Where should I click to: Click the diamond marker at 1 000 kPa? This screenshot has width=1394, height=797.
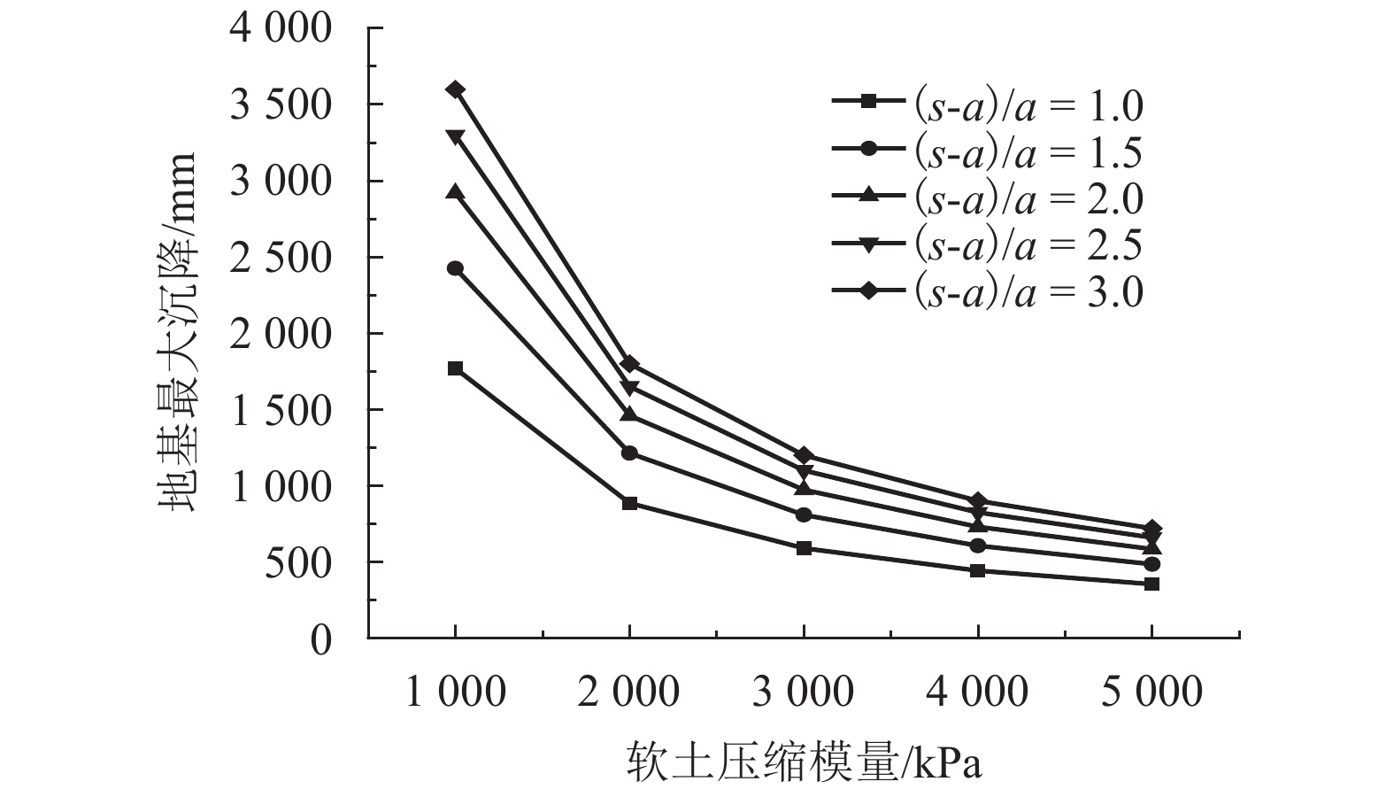pyautogui.click(x=455, y=89)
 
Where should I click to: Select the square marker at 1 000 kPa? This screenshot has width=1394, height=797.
pyautogui.click(x=455, y=368)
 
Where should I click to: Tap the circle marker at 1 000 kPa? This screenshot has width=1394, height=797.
pyautogui.click(x=455, y=268)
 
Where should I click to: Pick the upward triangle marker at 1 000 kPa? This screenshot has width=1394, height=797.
pyautogui.click(x=455, y=192)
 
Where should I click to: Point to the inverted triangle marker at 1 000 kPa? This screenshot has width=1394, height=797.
pyautogui.click(x=455, y=136)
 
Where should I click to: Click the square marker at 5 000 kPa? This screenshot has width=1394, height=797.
pyautogui.click(x=1151, y=584)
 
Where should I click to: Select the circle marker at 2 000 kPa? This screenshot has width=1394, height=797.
pyautogui.click(x=629, y=453)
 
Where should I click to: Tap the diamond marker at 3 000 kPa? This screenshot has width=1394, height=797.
pyautogui.click(x=804, y=455)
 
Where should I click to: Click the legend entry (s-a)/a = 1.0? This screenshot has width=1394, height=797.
pyautogui.click(x=988, y=104)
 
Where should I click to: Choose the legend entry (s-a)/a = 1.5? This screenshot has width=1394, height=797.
pyautogui.click(x=988, y=151)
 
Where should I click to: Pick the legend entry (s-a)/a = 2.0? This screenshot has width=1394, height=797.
pyautogui.click(x=988, y=198)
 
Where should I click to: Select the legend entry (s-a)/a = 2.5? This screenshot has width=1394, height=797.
pyautogui.click(x=988, y=245)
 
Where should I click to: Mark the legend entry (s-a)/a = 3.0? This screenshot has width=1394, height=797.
pyautogui.click(x=988, y=292)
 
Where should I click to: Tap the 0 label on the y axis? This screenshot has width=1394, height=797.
pyautogui.click(x=320, y=639)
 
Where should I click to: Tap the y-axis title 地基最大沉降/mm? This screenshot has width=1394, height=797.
pyautogui.click(x=177, y=333)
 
